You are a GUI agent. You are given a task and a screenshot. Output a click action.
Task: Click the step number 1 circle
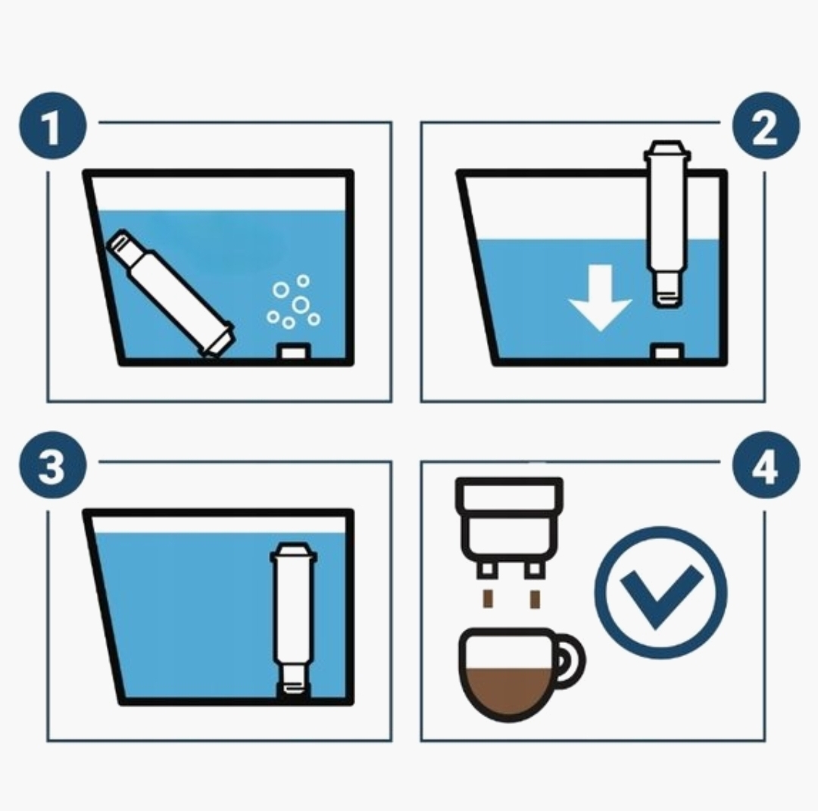coord(52,126)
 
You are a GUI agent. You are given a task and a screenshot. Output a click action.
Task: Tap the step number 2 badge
coord(765,126)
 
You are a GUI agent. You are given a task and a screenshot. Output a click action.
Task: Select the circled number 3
coord(52,465)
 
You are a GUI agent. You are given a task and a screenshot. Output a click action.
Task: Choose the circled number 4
coord(765,465)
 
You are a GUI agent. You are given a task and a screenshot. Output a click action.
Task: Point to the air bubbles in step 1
coord(294,304)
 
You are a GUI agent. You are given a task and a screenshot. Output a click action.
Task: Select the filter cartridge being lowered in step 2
coord(664,224)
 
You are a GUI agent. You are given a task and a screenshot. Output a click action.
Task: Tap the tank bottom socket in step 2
coord(667,352)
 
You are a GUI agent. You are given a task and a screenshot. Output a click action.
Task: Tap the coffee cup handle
coord(570,659)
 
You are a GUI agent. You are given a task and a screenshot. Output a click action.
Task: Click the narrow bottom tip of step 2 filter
coord(664,292)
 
